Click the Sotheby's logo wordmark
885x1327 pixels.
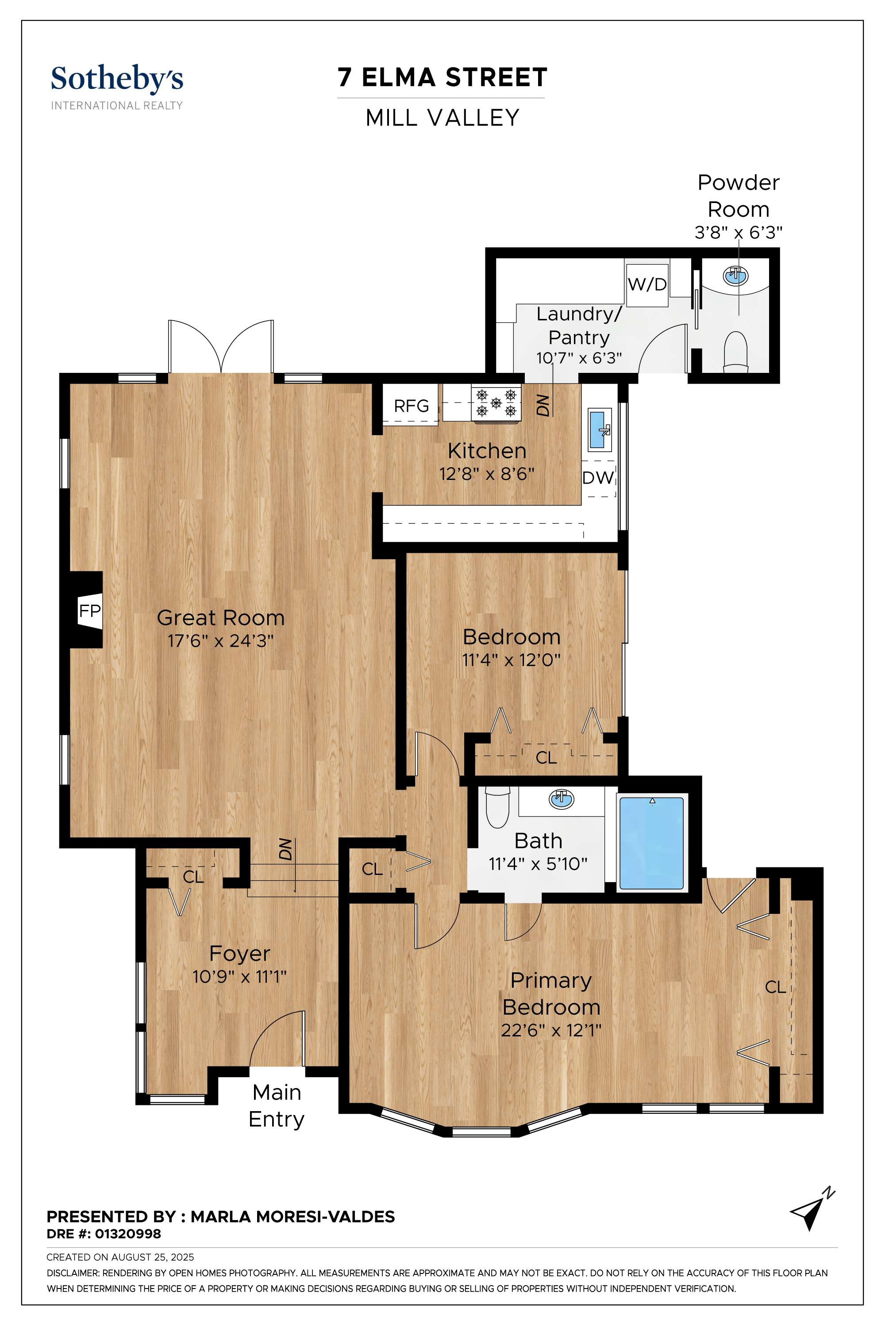coord(117,79)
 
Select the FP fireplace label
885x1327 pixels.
coord(90,610)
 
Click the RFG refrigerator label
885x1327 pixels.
coord(411,406)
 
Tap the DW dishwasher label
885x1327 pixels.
coord(598,478)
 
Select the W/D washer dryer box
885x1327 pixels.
coord(647,284)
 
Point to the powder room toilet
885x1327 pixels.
coord(735,352)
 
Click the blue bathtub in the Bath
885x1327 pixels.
coord(652,843)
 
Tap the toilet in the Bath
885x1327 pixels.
coord(497,807)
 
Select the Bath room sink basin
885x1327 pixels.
coord(561,798)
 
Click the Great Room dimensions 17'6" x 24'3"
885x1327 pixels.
coord(221,641)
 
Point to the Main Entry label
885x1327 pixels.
coord(277,1106)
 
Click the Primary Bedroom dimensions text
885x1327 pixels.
coord(551,1030)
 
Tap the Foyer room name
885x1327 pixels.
coord(240,954)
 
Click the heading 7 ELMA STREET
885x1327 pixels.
coord(442,77)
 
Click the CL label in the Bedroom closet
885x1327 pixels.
coord(546,757)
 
